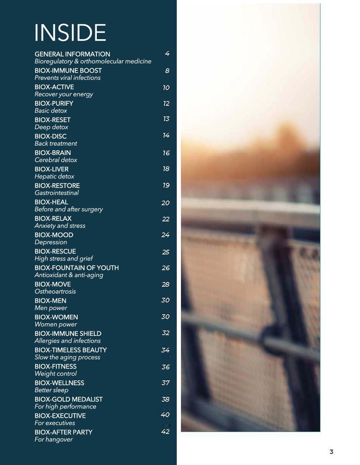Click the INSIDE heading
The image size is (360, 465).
pyautogui.click(x=70, y=33)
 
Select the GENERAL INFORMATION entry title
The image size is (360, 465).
pyautogui.click(x=72, y=54)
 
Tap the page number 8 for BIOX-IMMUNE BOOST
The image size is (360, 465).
pyautogui.click(x=167, y=71)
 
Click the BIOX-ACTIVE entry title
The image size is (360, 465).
pyautogui.click(x=54, y=87)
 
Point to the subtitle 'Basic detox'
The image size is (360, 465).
pyautogui.click(x=51, y=111)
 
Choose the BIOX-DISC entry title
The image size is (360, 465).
pyautogui.click(x=50, y=136)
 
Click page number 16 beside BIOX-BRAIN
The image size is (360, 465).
pyautogui.click(x=166, y=153)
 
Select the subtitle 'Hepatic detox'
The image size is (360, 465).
pyautogui.click(x=54, y=176)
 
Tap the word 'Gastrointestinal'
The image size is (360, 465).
pyautogui.click(x=56, y=193)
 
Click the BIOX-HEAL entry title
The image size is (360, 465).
pyautogui.click(x=51, y=202)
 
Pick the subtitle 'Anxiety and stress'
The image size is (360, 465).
pyautogui.click(x=60, y=226)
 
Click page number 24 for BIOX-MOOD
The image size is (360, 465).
pyautogui.click(x=166, y=235)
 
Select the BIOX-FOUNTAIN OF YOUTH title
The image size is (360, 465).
pyautogui.click(x=76, y=268)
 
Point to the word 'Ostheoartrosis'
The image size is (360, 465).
pyautogui.click(x=55, y=292)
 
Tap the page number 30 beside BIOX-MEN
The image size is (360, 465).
pyautogui.click(x=166, y=300)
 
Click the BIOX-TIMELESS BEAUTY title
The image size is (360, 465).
pyautogui.click(x=71, y=350)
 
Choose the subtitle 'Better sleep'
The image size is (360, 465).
pyautogui.click(x=51, y=390)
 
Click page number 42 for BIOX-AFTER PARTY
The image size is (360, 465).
pyautogui.click(x=166, y=432)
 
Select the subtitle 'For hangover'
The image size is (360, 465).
pyautogui.click(x=53, y=440)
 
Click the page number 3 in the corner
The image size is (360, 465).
pyautogui.click(x=332, y=452)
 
